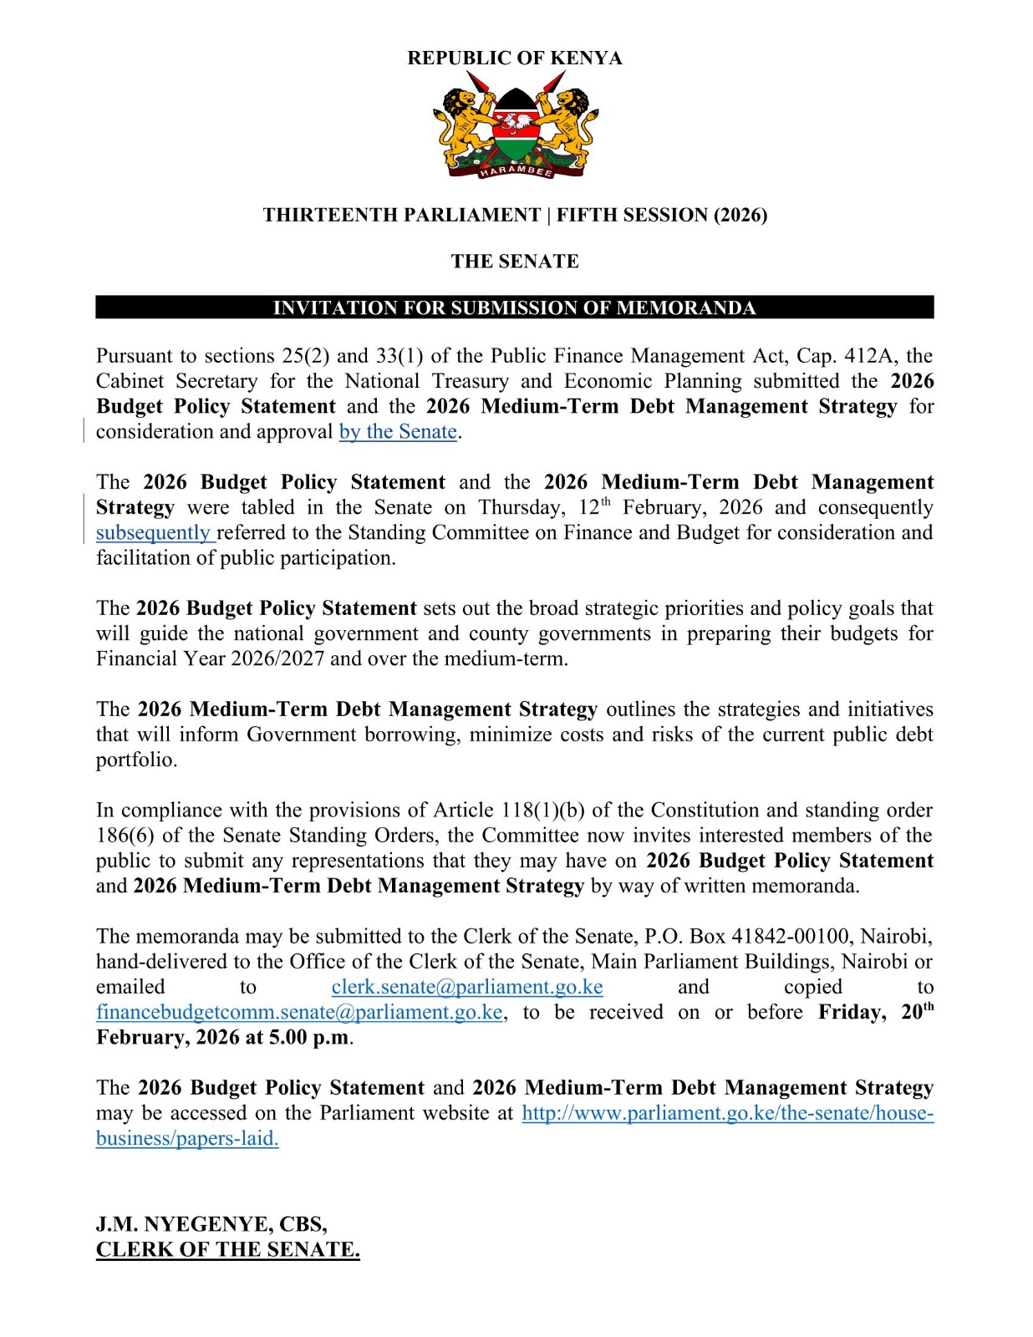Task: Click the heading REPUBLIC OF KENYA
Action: (x=514, y=58)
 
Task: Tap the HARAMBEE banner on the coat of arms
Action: (x=516, y=170)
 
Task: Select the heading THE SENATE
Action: (x=514, y=262)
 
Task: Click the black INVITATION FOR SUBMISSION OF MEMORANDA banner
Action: (x=514, y=308)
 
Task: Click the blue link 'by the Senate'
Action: (x=398, y=432)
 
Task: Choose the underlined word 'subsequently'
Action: (x=154, y=533)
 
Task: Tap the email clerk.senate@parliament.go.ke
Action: (x=466, y=987)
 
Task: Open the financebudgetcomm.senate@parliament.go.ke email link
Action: (x=299, y=1013)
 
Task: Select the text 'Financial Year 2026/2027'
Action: (x=210, y=659)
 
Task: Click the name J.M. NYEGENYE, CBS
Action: (x=211, y=1224)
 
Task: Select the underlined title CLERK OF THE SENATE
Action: (x=227, y=1250)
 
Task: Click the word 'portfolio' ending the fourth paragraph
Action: (x=135, y=760)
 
